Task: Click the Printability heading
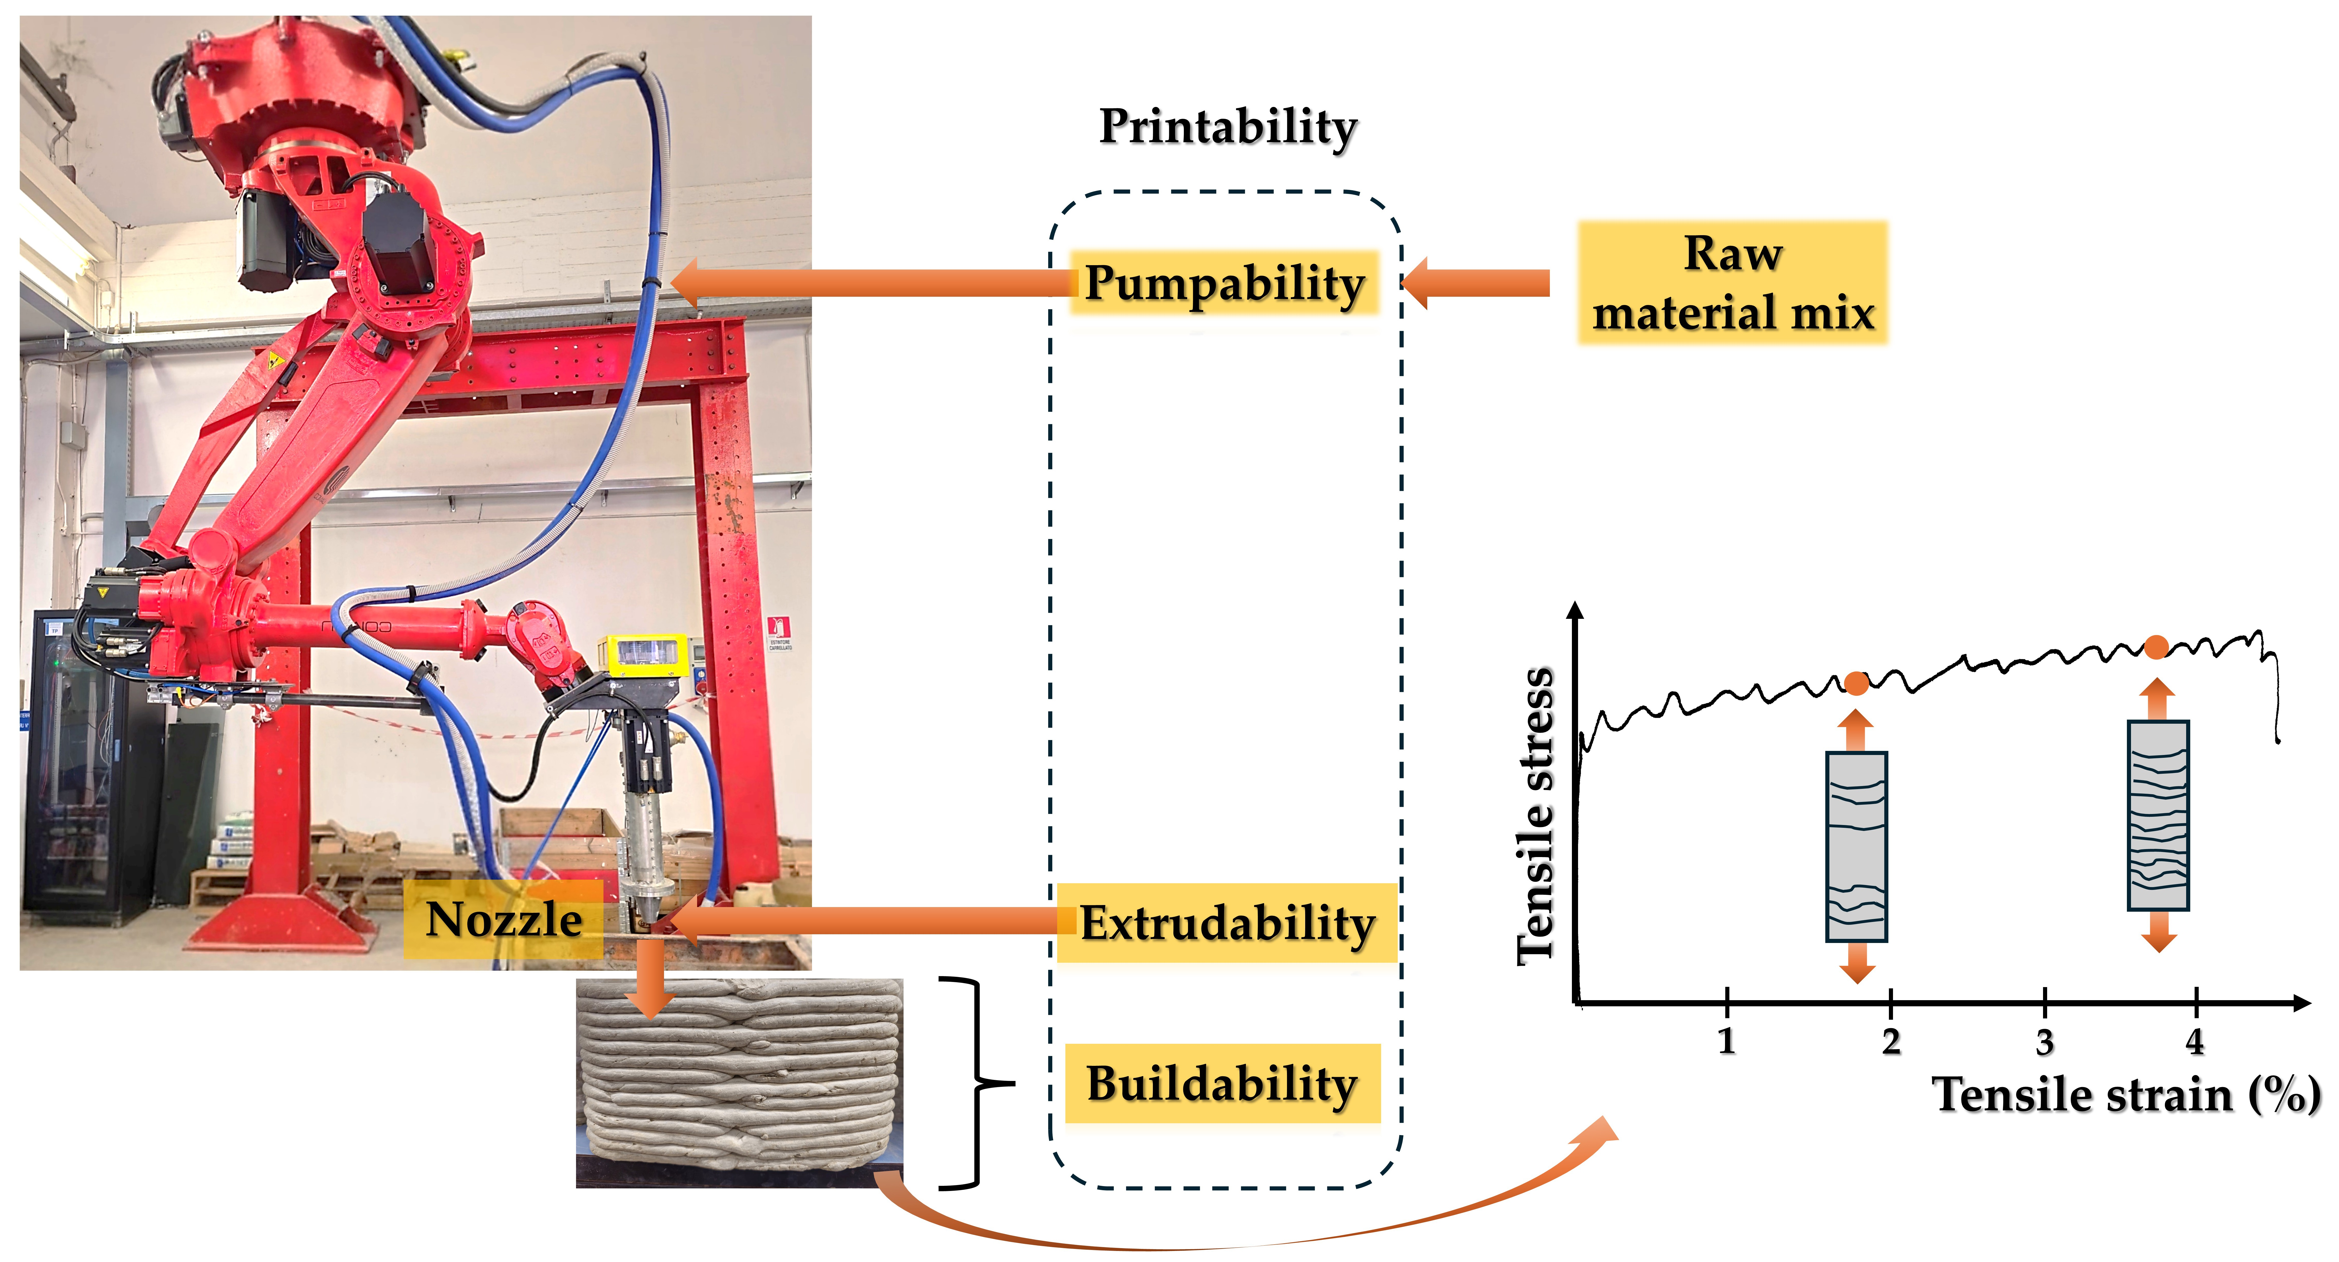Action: pyautogui.click(x=1228, y=127)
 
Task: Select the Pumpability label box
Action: pyautogui.click(x=1224, y=283)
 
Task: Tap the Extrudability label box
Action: pyautogui.click(x=1227, y=923)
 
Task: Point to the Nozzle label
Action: pyautogui.click(x=504, y=920)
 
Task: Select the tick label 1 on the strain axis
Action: pyautogui.click(x=1726, y=1040)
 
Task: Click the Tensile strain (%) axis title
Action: pyautogui.click(x=2125, y=1094)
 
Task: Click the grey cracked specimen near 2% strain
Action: pyautogui.click(x=1857, y=846)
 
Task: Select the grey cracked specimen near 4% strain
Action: pyautogui.click(x=2158, y=814)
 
